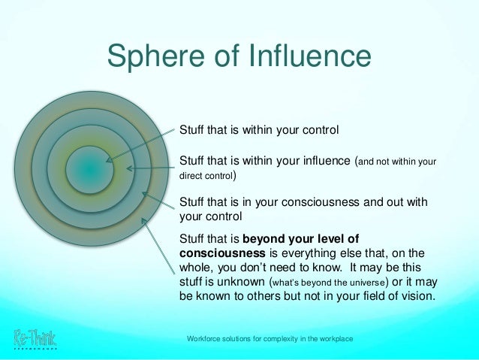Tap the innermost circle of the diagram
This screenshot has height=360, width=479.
(89, 171)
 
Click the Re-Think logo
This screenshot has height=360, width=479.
(35, 340)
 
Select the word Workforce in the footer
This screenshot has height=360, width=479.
(206, 340)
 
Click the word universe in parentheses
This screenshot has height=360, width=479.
(365, 282)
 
